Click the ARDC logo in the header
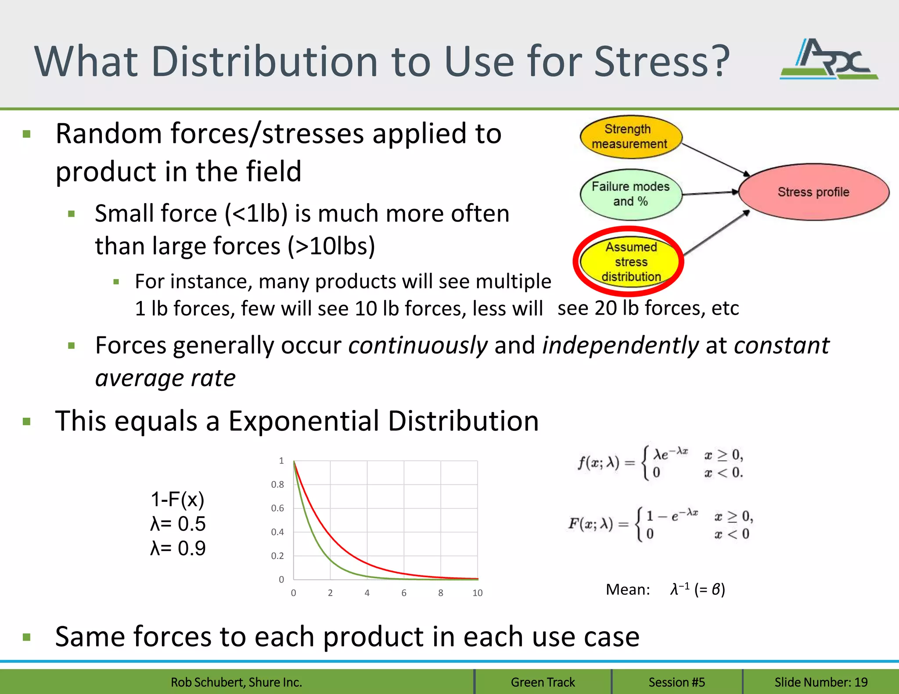coord(829,60)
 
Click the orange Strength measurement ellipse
coord(630,136)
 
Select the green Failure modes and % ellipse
coord(630,194)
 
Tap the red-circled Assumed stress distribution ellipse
coord(630,261)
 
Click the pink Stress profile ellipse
coord(813,192)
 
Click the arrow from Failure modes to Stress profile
coord(710,193)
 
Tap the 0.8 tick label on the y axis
coord(277,484)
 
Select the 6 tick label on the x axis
coord(404,593)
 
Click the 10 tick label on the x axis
coord(477,593)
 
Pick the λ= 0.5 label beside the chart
coord(178,524)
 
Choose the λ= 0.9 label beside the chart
coord(178,548)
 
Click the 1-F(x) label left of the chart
coord(177,499)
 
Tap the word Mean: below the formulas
coord(628,590)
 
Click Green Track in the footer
coord(543,682)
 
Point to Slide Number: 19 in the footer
coord(821,682)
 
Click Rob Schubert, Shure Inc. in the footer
coord(236,682)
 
